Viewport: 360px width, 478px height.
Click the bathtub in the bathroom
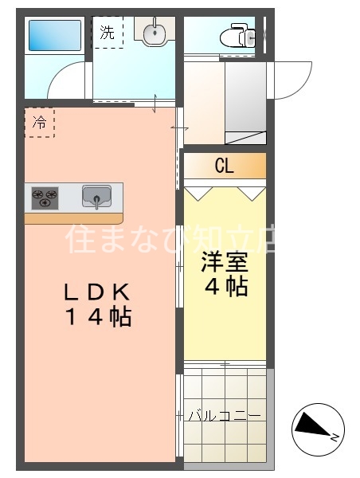tap(54, 36)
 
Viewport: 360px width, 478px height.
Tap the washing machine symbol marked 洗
tap(108, 33)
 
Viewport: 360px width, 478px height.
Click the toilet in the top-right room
tap(239, 35)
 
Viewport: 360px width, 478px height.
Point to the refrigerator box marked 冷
tap(39, 123)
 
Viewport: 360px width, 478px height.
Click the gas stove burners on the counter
tap(45, 196)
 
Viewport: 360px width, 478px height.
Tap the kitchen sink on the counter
tap(96, 195)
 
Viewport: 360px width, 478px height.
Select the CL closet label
tap(224, 167)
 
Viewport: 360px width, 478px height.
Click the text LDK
tap(96, 291)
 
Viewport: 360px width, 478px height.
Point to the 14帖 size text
tap(96, 317)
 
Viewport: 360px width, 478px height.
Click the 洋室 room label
tap(224, 261)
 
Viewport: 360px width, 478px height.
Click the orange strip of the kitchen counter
tap(73, 217)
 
